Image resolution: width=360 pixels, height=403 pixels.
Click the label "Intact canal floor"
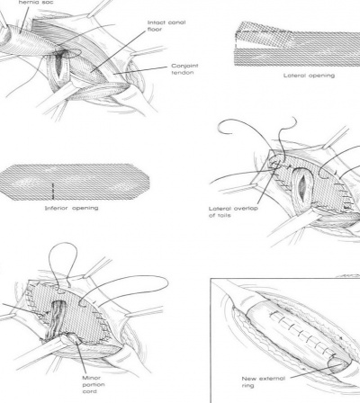[166, 26]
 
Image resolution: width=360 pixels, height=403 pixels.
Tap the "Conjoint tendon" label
[184, 69]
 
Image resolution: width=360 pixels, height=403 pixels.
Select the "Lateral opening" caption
[309, 76]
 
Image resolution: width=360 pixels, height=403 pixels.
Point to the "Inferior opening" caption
[71, 208]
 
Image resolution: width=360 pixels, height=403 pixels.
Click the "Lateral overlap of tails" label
[233, 211]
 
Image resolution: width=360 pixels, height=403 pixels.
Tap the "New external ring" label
[264, 382]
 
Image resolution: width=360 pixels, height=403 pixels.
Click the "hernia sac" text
[36, 3]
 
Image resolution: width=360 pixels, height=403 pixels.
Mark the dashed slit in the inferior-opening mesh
[53, 191]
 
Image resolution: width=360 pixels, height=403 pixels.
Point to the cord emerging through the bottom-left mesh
[56, 321]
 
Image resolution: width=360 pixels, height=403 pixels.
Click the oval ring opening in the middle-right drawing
[302, 185]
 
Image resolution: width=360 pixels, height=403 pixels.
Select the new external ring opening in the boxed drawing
[338, 365]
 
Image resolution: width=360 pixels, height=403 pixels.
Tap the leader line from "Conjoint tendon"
[140, 70]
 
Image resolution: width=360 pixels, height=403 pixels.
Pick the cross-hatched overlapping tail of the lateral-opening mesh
[263, 37]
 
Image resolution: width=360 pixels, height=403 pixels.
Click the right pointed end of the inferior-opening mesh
[149, 181]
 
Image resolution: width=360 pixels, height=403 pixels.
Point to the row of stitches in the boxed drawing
[301, 332]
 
